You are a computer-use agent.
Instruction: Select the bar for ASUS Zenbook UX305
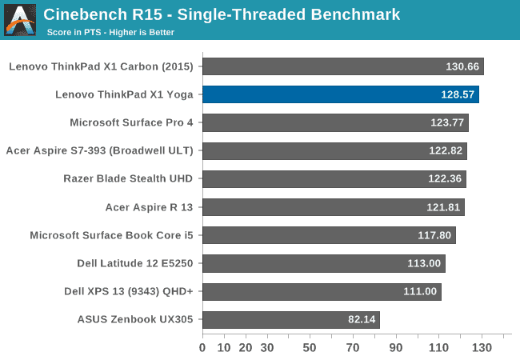(x=290, y=320)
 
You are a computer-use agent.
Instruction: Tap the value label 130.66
(x=462, y=66)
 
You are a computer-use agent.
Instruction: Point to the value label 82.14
(x=361, y=320)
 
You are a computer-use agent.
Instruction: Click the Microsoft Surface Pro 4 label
(x=132, y=122)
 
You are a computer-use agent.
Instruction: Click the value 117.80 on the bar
(x=434, y=235)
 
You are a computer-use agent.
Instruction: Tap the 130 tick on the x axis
(x=482, y=348)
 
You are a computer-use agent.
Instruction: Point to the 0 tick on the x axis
(x=202, y=348)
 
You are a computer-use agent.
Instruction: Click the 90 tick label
(x=396, y=348)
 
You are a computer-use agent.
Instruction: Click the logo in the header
(x=20, y=19)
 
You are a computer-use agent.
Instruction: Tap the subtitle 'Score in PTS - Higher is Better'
(x=110, y=33)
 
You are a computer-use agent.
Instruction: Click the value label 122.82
(x=445, y=151)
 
